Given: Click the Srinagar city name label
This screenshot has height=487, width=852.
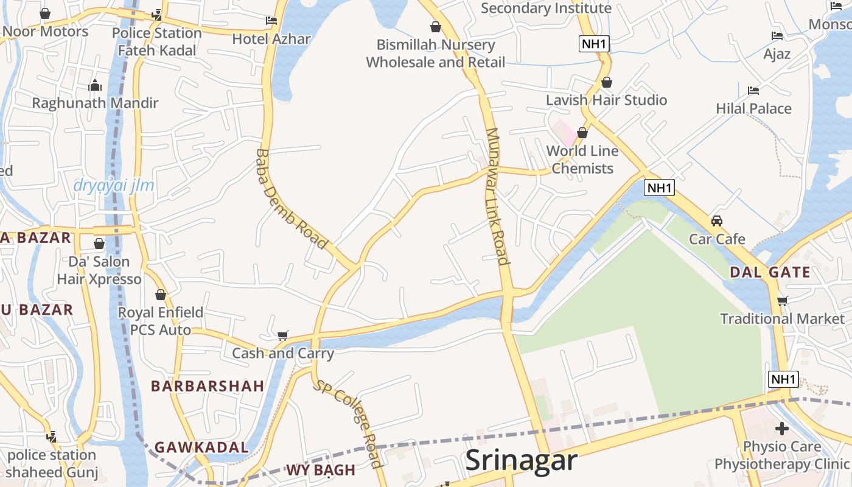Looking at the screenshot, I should pos(521,460).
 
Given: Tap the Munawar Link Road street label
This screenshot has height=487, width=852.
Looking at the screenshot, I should pos(497,196).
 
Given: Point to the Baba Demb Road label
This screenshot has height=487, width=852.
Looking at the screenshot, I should pos(291,199).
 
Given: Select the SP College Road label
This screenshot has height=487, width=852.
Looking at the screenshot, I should pos(348,422).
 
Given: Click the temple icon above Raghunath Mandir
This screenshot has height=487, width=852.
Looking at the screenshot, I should pos(95,86).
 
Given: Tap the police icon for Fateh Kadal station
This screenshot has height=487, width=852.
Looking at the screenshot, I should pos(157,15).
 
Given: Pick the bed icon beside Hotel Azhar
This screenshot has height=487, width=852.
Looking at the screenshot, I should pos(271,21).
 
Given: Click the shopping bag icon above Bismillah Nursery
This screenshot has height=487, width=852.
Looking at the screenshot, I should pos(436,27).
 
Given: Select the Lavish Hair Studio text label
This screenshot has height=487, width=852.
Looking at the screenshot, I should pos(606,100).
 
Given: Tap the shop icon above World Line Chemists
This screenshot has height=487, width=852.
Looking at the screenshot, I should pos(582,132).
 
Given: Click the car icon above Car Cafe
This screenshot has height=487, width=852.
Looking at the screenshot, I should pos(717,220).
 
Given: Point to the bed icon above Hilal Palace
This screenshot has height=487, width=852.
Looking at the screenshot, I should pos(753,91).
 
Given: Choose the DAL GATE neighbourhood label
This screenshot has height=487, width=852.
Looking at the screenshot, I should pos(770,272).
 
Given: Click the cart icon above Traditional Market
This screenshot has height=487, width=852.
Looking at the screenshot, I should pos(783,301).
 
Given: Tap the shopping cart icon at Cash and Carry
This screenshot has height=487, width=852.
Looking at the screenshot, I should pos(282,335).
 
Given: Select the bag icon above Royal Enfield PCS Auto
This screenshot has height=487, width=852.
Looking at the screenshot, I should pos(161,295).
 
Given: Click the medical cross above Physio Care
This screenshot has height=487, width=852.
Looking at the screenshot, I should pos(782,429).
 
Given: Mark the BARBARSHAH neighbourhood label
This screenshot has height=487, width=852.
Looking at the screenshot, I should pos(208,386).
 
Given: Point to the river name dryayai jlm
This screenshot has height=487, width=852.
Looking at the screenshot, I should pos(114,185).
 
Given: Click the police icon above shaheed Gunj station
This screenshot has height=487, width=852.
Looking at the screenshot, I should pos(52,437).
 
